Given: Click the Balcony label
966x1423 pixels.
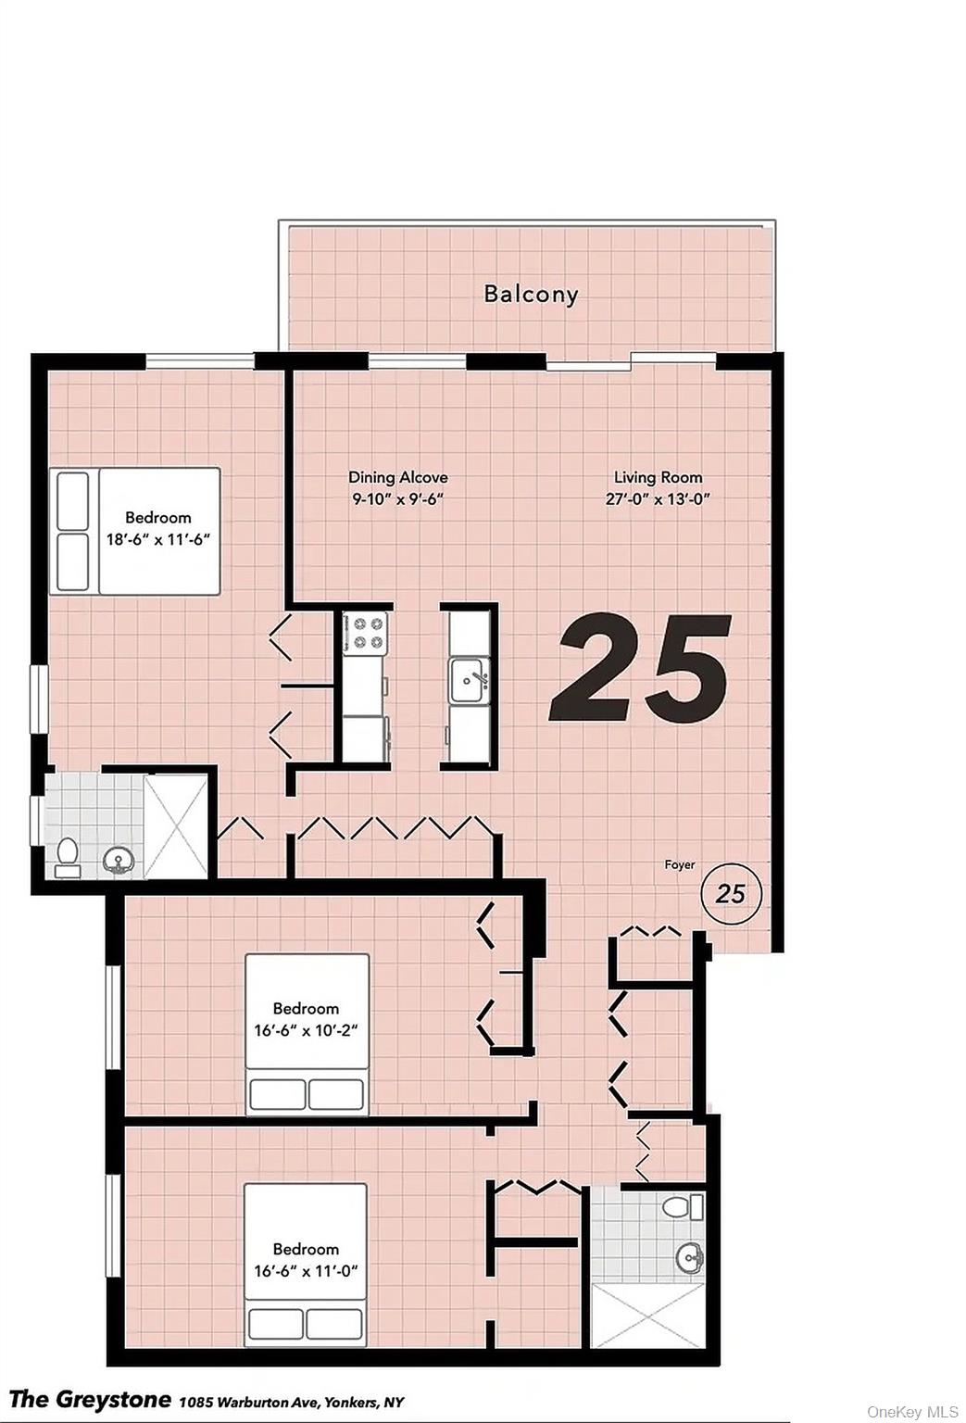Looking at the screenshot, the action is point(531,295).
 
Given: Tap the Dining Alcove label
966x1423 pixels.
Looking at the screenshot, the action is point(397,477).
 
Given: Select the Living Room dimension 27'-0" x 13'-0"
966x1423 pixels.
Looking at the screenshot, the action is point(657,499).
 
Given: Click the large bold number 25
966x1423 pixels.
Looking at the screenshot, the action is point(640,668).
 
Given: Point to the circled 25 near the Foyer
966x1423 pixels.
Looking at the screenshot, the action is point(730,894).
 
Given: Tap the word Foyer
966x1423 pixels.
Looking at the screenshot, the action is point(680,864).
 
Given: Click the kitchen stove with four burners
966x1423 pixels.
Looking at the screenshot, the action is point(364,632).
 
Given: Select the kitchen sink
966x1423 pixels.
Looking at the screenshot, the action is point(469,680).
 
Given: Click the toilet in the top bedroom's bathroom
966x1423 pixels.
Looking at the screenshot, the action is point(67,858).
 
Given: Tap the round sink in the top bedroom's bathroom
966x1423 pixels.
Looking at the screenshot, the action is point(119,862).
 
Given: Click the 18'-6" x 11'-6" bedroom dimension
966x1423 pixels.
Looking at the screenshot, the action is point(158,540).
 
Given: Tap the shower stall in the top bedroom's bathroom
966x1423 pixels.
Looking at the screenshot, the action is point(176,825).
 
